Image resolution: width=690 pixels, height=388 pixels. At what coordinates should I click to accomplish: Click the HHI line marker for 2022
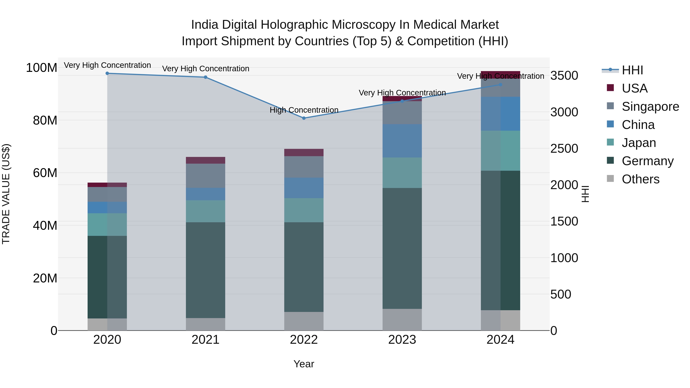pos(304,118)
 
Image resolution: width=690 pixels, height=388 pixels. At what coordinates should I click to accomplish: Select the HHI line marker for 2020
pos(107,73)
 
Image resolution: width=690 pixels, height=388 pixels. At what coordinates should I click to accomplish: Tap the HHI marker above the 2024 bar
pos(500,85)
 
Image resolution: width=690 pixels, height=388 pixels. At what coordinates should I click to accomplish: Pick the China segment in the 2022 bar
pos(304,188)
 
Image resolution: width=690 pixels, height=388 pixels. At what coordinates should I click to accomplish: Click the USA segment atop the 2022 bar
pos(304,152)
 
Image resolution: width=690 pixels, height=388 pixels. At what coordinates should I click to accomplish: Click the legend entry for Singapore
pos(650,107)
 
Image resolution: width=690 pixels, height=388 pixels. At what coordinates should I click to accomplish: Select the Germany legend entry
pos(647,161)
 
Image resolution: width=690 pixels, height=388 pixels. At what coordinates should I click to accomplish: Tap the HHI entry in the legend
pos(632,70)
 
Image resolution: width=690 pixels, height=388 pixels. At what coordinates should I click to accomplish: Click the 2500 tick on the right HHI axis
pos(564,149)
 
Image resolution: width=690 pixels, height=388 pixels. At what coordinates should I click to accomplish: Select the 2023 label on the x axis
pos(402,340)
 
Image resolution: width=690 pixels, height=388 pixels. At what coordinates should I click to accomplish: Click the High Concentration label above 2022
pos(304,110)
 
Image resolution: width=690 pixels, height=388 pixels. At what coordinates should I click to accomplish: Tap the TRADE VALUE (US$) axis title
pos(6,194)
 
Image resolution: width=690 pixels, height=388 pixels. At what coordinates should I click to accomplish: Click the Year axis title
pos(304,364)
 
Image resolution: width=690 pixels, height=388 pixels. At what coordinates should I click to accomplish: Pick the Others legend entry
pos(640,179)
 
